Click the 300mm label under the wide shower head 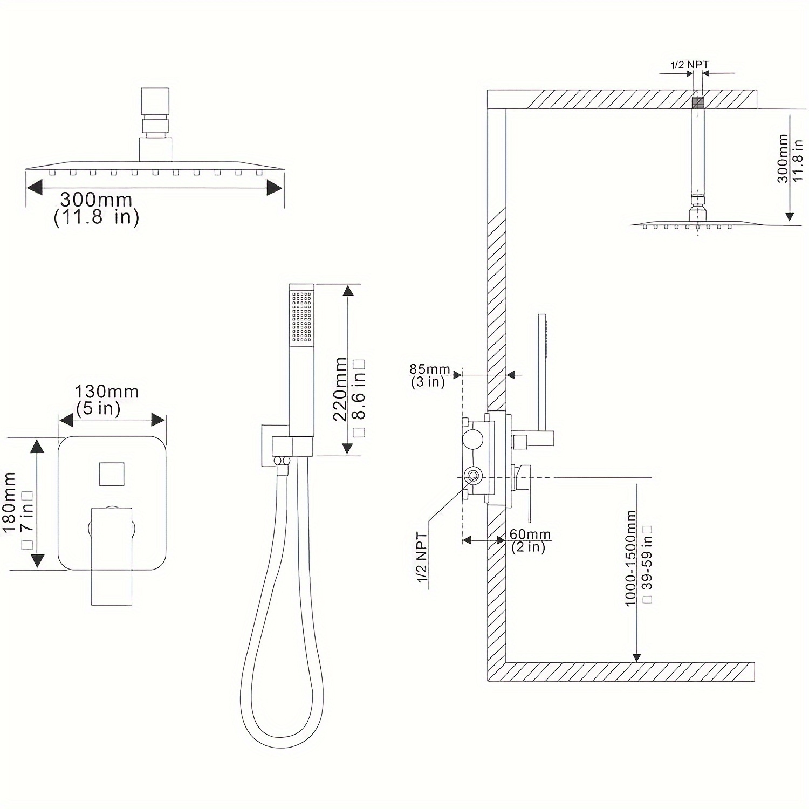coord(96,200)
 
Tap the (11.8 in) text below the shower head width coord(97,217)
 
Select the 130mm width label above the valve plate coord(106,391)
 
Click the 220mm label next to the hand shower coord(340,388)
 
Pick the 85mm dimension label coord(429,369)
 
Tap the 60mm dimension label coord(530,534)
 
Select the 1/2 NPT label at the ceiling coord(689,65)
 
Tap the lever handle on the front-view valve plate coord(112,556)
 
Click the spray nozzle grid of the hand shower coord(302,317)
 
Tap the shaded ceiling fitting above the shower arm coord(698,101)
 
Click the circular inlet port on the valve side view coord(473,476)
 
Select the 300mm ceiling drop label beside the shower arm coord(783,159)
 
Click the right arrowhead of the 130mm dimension coord(158,420)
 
